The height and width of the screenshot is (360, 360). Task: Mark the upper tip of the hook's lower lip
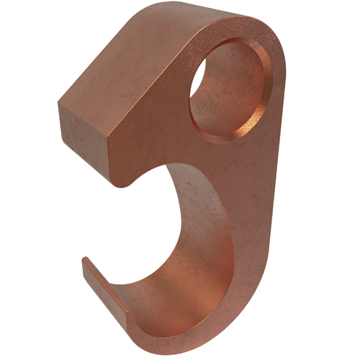click(x=85, y=261)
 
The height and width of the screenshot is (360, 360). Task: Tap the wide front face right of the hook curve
click(x=252, y=245)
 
